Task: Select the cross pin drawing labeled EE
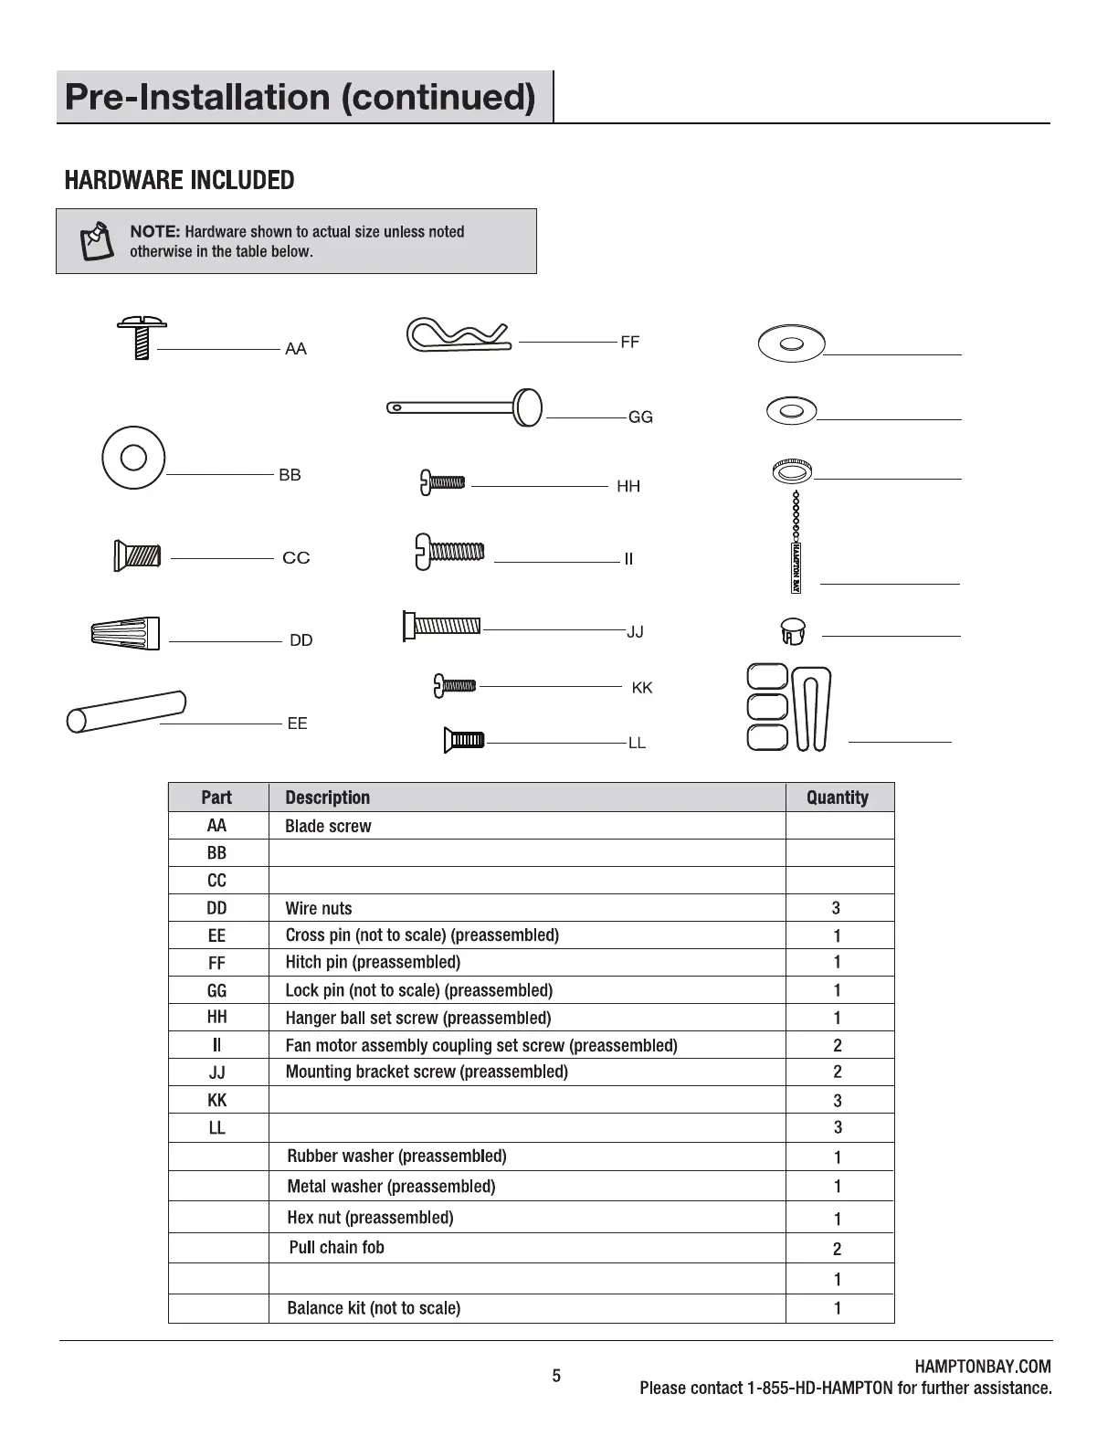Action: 126,710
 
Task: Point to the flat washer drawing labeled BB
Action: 133,457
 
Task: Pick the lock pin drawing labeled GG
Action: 466,407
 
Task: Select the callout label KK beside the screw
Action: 642,688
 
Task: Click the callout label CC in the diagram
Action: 296,558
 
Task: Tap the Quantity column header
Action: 838,797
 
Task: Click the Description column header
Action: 328,797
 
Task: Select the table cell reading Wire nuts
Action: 319,908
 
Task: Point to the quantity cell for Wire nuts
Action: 837,908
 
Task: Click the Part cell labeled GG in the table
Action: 216,990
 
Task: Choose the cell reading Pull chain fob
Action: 336,1248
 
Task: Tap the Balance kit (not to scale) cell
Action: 374,1308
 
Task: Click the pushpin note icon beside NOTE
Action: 95,241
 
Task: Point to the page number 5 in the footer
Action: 556,1376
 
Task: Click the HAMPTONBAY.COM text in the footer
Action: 982,1367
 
